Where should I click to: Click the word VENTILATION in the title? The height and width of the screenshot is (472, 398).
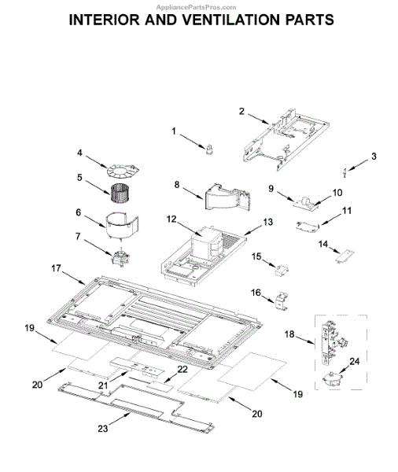(231, 20)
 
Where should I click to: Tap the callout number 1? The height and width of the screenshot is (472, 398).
(174, 131)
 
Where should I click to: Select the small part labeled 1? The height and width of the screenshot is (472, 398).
(209, 149)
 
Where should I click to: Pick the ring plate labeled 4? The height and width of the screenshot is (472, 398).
(123, 171)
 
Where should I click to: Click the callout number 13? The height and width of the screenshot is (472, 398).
(267, 222)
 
